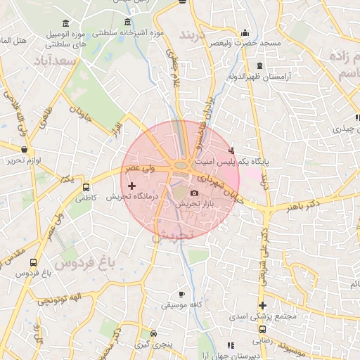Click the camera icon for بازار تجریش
(x=194, y=193)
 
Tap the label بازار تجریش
(x=193, y=203)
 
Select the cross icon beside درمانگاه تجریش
(x=131, y=186)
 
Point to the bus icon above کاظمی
(x=86, y=188)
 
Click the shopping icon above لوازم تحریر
(x=25, y=150)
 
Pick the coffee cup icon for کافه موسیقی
(x=182, y=294)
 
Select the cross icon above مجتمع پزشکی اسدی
(x=263, y=305)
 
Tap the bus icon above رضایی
(x=263, y=328)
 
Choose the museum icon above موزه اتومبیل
(x=65, y=22)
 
